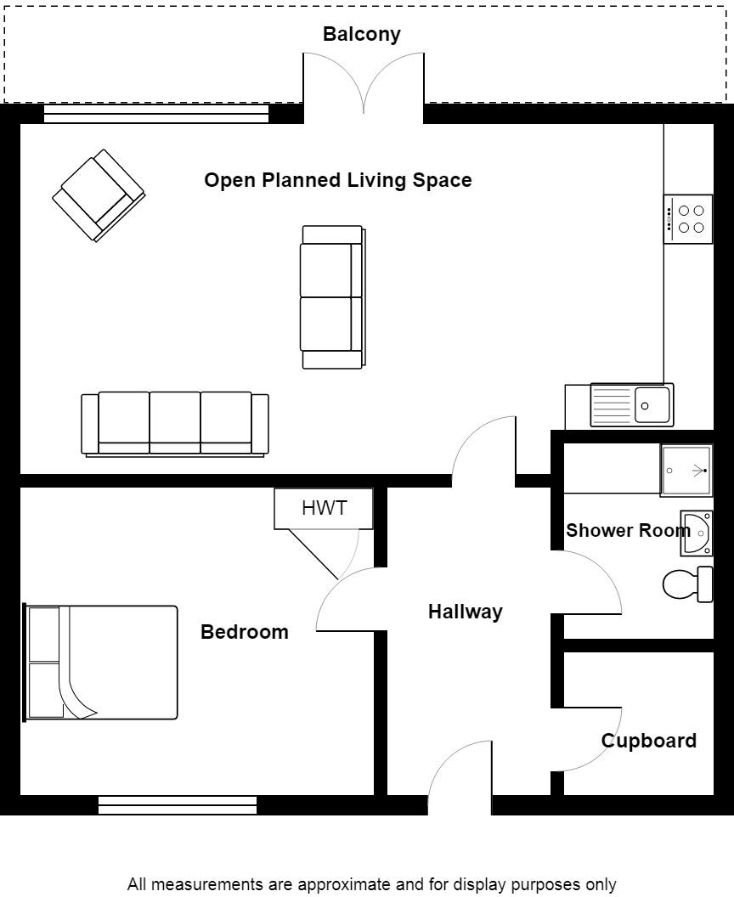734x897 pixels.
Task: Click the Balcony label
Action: tap(361, 35)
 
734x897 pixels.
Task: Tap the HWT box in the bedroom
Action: tap(324, 509)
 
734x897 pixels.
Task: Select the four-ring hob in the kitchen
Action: tap(688, 219)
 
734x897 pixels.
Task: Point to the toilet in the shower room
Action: tap(686, 584)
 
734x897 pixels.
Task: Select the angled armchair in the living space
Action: tap(99, 195)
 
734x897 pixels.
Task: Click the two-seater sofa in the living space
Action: tap(332, 296)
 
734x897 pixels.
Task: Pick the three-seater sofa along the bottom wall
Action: tap(174, 424)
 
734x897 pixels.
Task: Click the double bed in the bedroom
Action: tap(102, 663)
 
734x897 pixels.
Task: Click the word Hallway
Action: tap(465, 612)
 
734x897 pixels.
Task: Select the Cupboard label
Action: tap(649, 741)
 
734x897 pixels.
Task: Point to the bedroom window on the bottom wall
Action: tap(178, 805)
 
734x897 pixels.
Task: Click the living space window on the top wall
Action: tap(156, 114)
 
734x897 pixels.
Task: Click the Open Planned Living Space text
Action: tap(337, 180)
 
